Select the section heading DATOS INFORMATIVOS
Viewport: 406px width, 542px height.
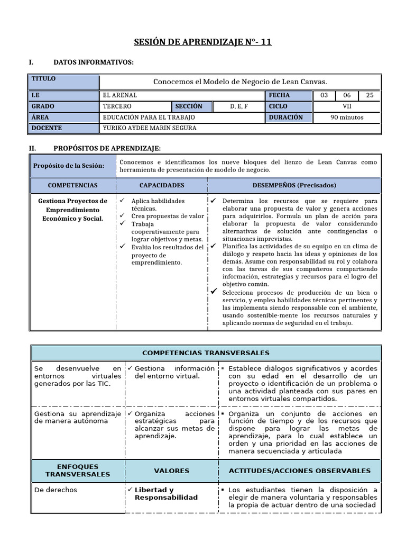tap(94, 63)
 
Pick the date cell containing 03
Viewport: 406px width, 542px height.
tap(324, 95)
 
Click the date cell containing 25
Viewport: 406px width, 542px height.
tap(369, 95)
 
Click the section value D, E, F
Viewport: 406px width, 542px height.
tap(238, 106)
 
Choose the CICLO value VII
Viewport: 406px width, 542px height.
tap(347, 106)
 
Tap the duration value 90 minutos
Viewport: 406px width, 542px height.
tap(347, 118)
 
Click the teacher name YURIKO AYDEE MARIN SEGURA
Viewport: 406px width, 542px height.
tap(149, 128)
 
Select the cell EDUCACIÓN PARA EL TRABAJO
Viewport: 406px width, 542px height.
tap(149, 118)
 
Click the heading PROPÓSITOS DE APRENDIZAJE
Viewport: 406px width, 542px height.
tap(107, 148)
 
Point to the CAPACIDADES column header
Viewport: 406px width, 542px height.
tap(162, 185)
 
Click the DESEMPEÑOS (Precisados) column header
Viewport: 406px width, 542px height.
tap(294, 185)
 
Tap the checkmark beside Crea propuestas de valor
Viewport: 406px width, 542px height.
tap(122, 216)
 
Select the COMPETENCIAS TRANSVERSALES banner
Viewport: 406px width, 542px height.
tap(206, 353)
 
